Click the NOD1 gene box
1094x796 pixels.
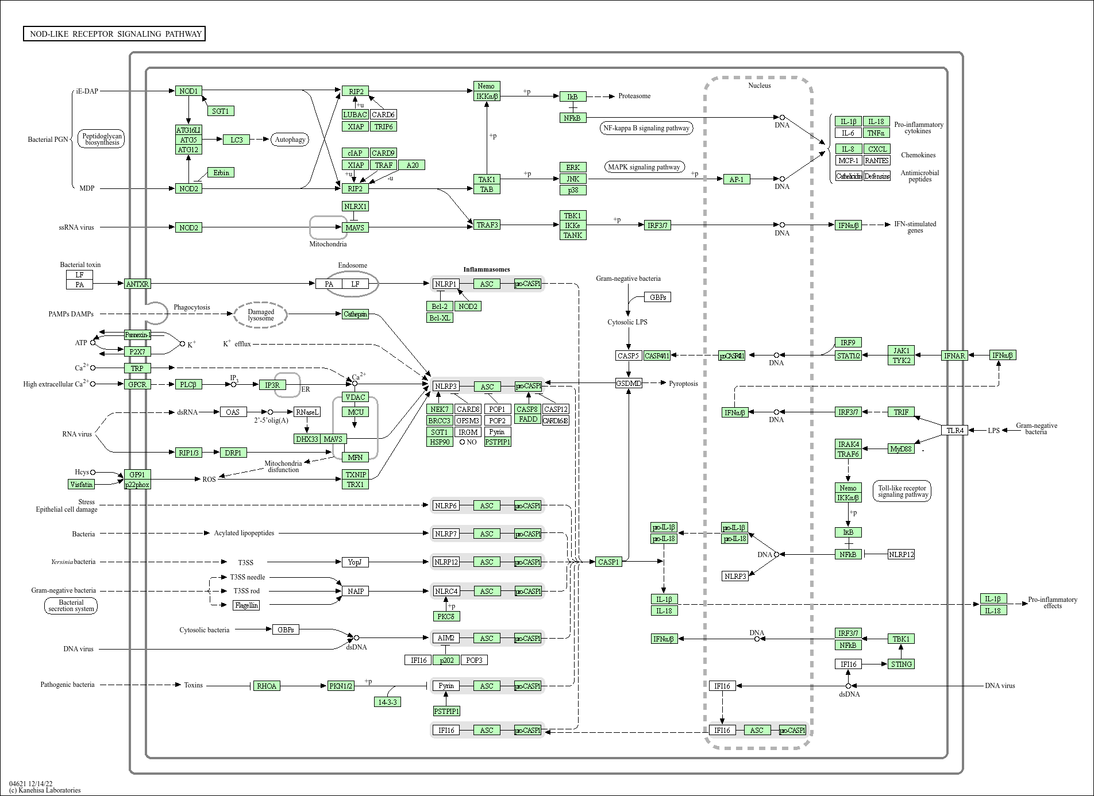pos(188,91)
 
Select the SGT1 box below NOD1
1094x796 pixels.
pos(221,111)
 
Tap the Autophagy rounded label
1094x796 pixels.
pos(290,140)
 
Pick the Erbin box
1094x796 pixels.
pos(221,172)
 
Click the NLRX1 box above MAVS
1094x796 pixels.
pos(355,206)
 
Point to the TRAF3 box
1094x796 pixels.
pos(487,225)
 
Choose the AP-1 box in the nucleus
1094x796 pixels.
pos(736,179)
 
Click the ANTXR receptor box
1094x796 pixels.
pos(137,284)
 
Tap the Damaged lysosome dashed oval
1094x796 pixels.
pos(260,315)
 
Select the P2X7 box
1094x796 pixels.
pos(137,351)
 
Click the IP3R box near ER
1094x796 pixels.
pos(272,385)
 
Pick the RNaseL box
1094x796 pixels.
pos(307,412)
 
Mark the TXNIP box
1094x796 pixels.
pos(356,474)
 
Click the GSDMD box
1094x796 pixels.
pos(628,383)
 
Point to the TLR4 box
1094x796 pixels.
pos(955,430)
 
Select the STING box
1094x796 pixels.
pos(901,664)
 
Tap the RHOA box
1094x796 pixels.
pos(267,686)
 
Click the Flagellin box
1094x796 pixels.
pos(246,605)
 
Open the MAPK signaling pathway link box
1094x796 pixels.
pos(644,167)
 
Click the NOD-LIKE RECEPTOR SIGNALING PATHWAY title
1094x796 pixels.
pos(114,34)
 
